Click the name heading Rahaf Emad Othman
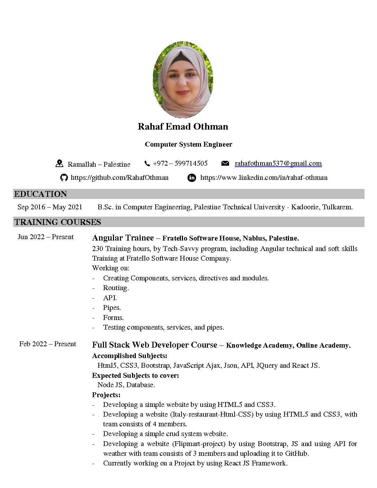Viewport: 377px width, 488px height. click(x=183, y=127)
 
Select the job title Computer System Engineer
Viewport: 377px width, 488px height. click(x=188, y=144)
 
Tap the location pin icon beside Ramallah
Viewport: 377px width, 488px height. click(x=59, y=164)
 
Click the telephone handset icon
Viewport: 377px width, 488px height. click(x=147, y=163)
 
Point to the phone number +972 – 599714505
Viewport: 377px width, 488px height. click(x=180, y=163)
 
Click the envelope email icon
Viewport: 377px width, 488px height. click(x=225, y=163)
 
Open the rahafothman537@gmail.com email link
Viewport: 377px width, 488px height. click(x=278, y=163)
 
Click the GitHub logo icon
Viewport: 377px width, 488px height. click(x=64, y=178)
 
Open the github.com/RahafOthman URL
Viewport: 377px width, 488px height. click(x=120, y=178)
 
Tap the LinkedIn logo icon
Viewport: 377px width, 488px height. click(x=192, y=178)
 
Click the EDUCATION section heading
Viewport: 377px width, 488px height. click(x=41, y=194)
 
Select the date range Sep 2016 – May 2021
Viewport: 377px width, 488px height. click(x=50, y=207)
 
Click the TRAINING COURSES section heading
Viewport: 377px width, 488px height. click(x=58, y=222)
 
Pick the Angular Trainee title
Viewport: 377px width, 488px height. click(x=123, y=238)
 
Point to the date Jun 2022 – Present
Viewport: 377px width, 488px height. click(x=46, y=237)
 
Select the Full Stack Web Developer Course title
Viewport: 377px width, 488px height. click(x=155, y=345)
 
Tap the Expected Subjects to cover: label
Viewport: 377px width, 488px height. click(x=135, y=375)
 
